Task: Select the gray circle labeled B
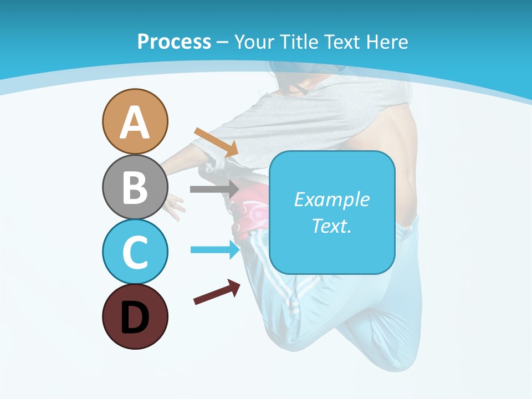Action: click(135, 187)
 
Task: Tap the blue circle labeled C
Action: click(135, 252)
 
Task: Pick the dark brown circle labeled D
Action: click(135, 316)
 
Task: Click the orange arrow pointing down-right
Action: click(216, 142)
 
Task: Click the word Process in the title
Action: click(174, 42)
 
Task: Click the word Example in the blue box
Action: click(331, 199)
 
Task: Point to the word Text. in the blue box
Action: click(331, 226)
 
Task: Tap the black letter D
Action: click(135, 318)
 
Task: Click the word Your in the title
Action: click(252, 42)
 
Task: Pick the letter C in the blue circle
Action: click(135, 253)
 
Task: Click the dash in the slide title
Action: click(222, 42)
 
